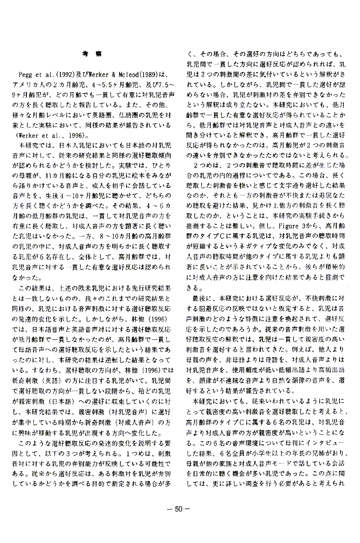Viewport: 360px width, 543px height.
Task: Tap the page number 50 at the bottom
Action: tap(180, 526)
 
